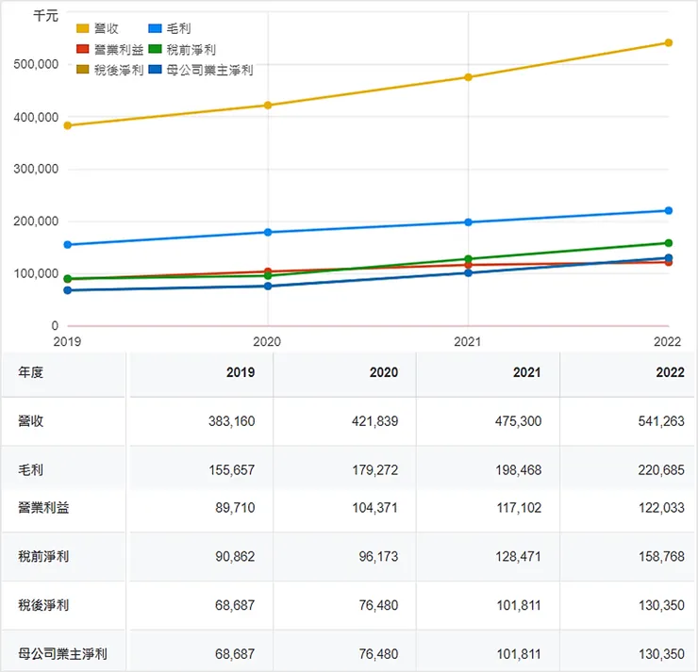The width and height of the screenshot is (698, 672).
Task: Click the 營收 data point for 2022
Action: pos(669,42)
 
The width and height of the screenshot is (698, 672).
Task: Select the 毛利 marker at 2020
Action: pos(268,232)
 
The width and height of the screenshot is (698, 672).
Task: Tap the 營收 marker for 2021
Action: pos(469,77)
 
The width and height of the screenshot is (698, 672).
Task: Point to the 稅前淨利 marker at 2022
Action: pos(669,243)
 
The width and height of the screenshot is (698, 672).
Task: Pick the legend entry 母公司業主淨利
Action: pos(208,70)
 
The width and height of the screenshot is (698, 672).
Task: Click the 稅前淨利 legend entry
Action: pos(190,49)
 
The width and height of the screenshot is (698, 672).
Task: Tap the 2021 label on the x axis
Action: pos(469,341)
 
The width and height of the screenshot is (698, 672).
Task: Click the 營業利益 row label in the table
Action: pos(43,508)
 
